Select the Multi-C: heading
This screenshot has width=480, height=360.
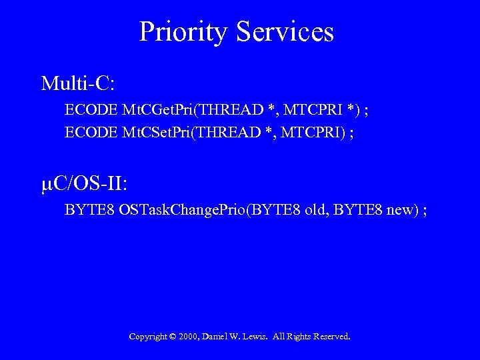point(78,83)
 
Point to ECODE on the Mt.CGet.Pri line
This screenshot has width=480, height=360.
point(91,109)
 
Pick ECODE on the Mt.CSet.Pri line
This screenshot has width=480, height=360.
point(91,132)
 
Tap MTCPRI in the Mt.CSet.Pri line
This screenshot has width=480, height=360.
point(309,132)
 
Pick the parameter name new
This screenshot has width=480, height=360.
point(401,211)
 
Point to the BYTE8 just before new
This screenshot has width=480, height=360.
point(357,211)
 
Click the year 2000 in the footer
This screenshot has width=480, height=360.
point(188,337)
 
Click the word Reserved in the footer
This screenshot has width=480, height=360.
point(329,337)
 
